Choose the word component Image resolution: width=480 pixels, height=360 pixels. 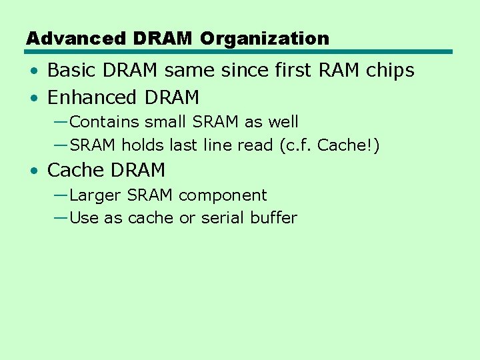point(223,196)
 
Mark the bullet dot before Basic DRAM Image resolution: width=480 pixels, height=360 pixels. point(34,71)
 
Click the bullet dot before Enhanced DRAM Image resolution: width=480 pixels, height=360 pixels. point(34,98)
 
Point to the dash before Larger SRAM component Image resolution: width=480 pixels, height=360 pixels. point(59,194)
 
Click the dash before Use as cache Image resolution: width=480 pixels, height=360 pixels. point(59,217)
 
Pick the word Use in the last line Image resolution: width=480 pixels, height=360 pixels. point(84,218)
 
